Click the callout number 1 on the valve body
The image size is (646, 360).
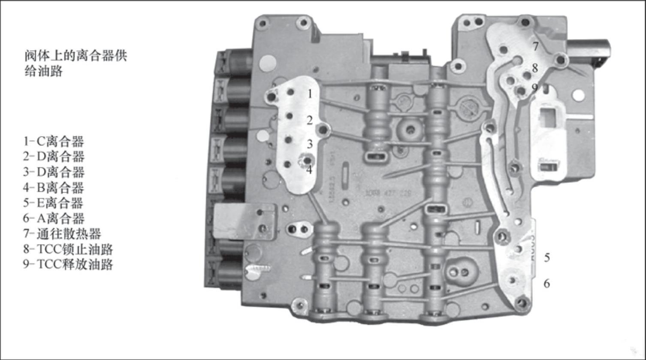click(x=310, y=94)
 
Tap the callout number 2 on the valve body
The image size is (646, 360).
click(x=310, y=120)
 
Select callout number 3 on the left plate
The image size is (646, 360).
click(x=310, y=144)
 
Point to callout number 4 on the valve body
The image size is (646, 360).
click(x=309, y=169)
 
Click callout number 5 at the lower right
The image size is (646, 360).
click(x=547, y=257)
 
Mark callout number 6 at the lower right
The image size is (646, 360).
click(x=547, y=284)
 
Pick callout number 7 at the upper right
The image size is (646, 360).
click(x=536, y=46)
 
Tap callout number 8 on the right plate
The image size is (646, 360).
click(x=535, y=68)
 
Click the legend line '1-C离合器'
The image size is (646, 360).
click(x=53, y=141)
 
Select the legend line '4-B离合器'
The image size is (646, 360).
click(x=53, y=188)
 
